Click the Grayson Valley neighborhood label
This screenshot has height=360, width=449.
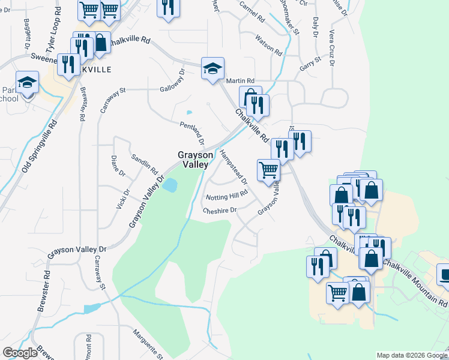(193, 159)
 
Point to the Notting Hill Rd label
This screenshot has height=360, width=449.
(227, 196)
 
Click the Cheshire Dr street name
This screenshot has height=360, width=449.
(220, 210)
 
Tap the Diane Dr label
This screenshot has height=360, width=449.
(118, 166)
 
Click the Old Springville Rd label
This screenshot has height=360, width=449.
(40, 145)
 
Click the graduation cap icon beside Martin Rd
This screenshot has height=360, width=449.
(212, 69)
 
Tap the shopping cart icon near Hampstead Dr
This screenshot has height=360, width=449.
(268, 170)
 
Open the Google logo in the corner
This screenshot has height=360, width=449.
(20, 353)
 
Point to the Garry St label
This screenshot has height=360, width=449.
(311, 62)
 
